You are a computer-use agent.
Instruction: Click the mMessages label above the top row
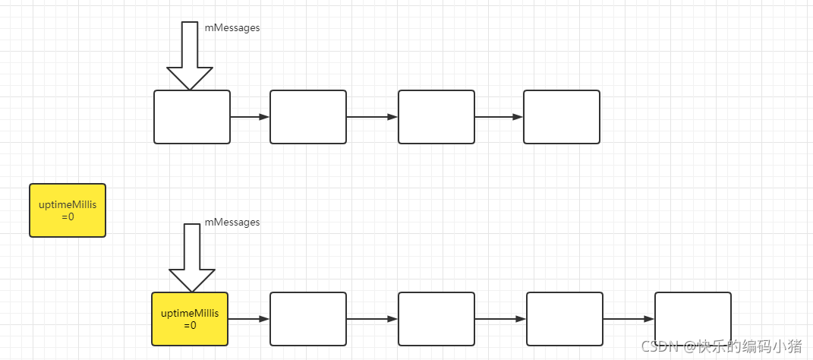[x=232, y=28]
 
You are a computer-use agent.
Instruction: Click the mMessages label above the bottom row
[x=232, y=223]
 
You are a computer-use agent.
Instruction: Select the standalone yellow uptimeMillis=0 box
[x=68, y=210]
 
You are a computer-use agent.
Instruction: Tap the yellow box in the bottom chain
[x=190, y=319]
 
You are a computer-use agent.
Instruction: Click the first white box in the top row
[x=192, y=117]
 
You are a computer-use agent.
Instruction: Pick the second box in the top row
[x=308, y=117]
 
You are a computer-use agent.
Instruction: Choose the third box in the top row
[x=436, y=117]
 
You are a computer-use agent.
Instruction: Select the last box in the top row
[x=562, y=117]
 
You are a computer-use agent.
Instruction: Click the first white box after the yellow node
[x=308, y=319]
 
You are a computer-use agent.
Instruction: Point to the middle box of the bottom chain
[x=436, y=319]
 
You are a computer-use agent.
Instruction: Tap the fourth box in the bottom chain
[x=565, y=319]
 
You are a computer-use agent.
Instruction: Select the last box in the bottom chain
[x=693, y=319]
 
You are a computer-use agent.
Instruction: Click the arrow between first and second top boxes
[x=250, y=117]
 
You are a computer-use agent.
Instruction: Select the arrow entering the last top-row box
[x=499, y=117]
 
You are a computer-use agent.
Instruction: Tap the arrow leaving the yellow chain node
[x=249, y=319]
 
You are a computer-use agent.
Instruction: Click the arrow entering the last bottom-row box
[x=629, y=319]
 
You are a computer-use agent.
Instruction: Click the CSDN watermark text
[x=721, y=346]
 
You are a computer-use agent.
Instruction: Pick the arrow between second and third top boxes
[x=372, y=117]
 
